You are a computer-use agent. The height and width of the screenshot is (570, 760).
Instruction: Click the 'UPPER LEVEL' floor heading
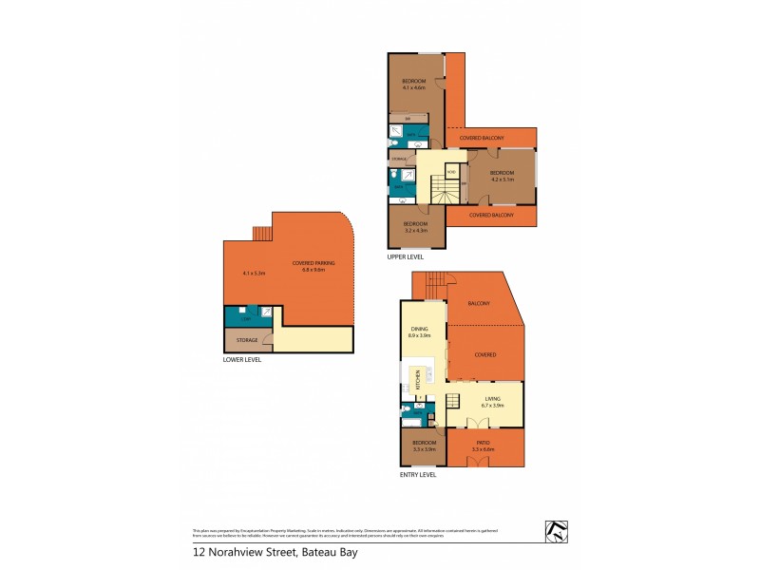click(406, 256)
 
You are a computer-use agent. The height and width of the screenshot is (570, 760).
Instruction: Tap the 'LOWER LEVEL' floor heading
click(242, 360)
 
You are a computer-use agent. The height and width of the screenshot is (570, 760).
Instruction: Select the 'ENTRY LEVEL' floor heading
click(418, 474)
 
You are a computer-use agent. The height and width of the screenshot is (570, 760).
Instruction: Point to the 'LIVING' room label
click(491, 399)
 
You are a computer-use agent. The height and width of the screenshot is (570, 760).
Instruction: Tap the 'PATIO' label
click(484, 443)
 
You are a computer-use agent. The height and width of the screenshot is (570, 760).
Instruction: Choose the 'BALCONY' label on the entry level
click(479, 304)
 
